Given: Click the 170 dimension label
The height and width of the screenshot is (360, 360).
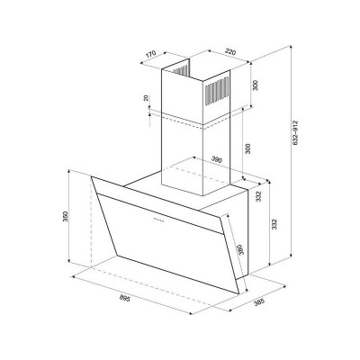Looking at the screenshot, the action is [150, 54].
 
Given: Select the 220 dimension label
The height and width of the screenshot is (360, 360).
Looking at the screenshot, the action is [230, 51].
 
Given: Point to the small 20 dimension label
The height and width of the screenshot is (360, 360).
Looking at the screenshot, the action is [146, 98].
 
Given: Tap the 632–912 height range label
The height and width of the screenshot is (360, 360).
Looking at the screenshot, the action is [295, 133].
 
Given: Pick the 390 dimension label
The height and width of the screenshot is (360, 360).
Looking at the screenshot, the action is [216, 160].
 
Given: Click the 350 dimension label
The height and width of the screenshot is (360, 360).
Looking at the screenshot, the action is [66, 217].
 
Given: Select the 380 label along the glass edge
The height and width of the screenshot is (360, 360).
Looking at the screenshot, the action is [241, 249].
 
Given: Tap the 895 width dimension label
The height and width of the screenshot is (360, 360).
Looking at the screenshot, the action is [124, 299].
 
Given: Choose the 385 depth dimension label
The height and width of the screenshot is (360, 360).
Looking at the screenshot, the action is [259, 302].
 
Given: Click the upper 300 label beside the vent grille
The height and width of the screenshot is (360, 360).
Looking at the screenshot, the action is [256, 85].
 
